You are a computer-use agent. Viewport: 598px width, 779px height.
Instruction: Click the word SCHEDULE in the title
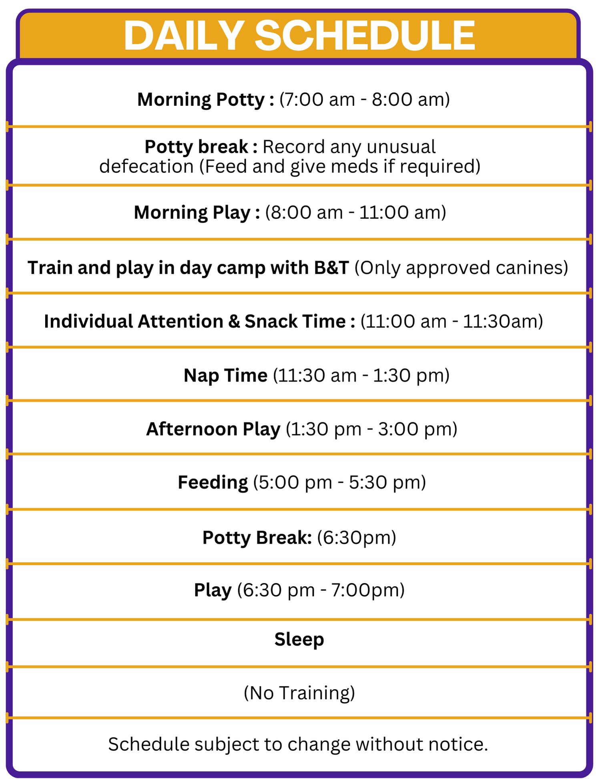pos(365,36)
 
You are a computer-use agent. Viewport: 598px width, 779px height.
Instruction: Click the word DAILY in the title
pos(184,36)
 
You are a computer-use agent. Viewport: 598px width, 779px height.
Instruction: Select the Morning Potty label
pos(201,100)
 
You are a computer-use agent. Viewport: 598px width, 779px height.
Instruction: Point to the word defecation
pos(146,167)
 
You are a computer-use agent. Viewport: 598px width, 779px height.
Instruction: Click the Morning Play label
pos(192,213)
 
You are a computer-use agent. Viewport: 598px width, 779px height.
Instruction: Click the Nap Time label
pos(225,376)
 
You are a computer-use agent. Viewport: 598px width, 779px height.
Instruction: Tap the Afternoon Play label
pos(213,430)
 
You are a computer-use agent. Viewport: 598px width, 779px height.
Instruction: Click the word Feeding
pos(213,483)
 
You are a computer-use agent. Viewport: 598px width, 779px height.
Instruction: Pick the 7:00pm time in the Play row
pos(365,590)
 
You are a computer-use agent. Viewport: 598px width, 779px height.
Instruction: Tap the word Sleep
pos(299,640)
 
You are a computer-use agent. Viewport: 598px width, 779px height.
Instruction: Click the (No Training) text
pos(299,693)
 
